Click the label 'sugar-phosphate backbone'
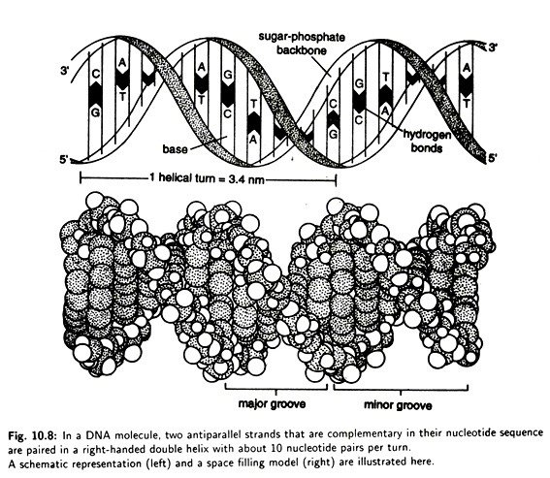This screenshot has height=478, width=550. [302, 44]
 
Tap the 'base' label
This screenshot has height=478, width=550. [175, 149]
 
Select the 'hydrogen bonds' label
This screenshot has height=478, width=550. [427, 141]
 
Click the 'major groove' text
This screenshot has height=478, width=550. [272, 403]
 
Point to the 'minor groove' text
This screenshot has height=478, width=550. [398, 405]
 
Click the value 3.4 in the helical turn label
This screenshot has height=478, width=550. [237, 178]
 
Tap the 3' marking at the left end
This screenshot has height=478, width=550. [64, 71]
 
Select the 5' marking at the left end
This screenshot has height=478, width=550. [63, 160]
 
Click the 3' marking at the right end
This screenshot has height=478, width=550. [493, 48]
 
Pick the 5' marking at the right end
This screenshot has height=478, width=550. [493, 158]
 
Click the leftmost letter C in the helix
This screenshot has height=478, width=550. [95, 74]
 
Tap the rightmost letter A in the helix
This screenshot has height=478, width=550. [467, 67]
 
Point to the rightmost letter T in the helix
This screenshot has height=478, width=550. [467, 103]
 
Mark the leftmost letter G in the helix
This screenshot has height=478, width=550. [95, 112]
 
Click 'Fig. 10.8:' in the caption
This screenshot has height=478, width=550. [32, 436]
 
